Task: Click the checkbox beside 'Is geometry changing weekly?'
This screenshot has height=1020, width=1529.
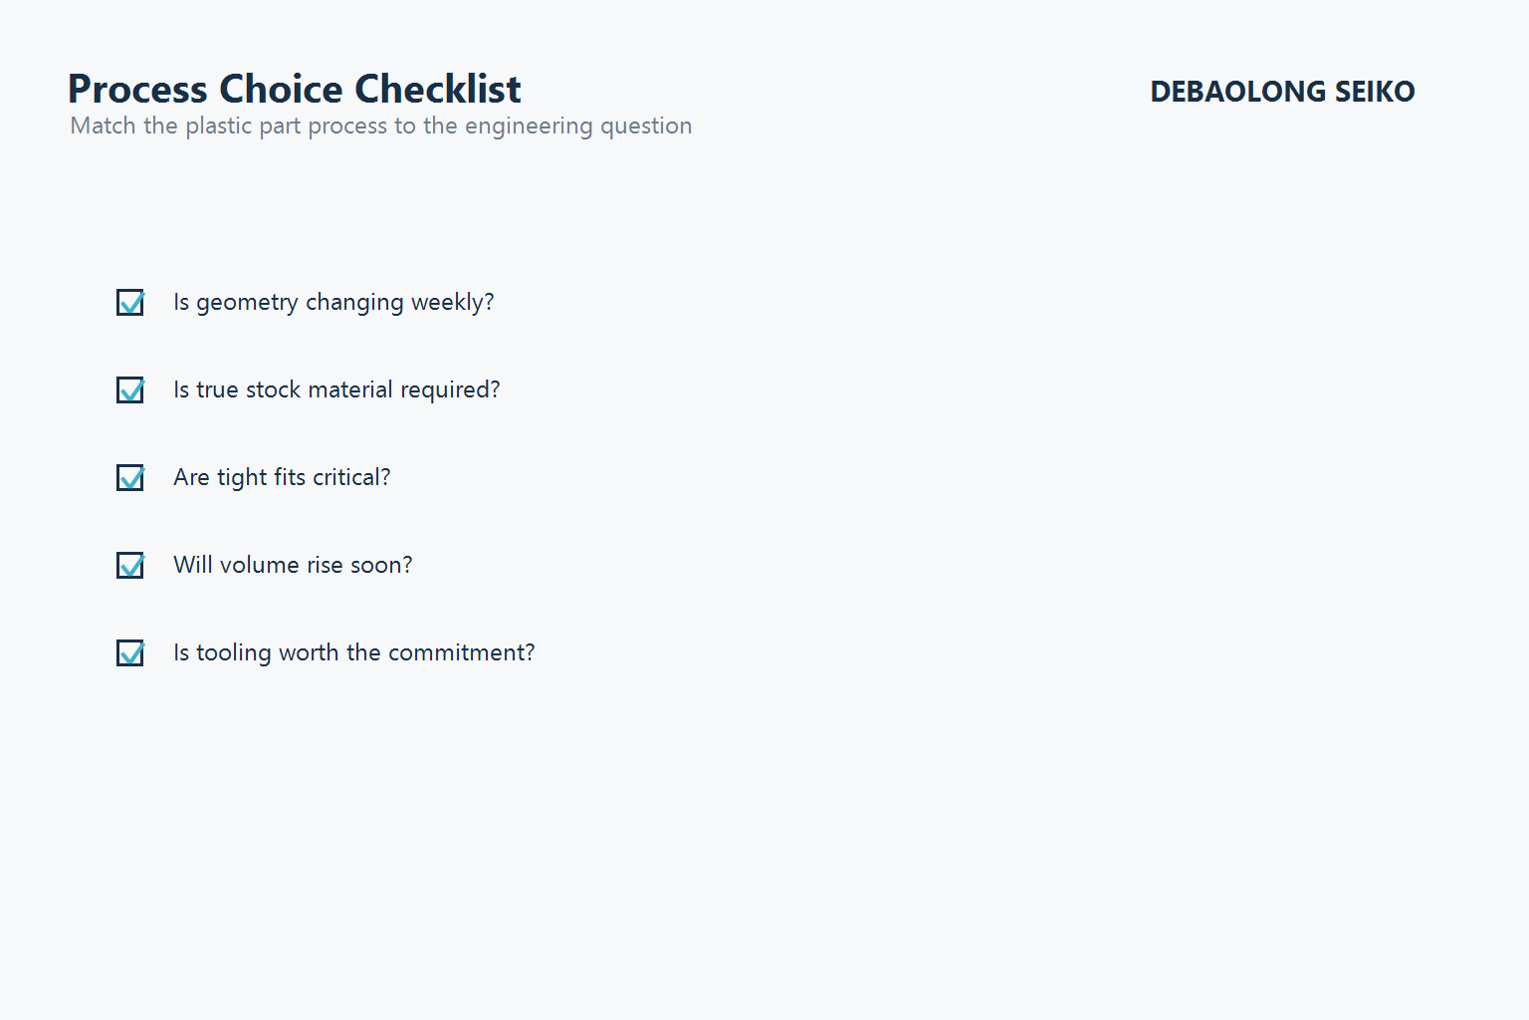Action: click(130, 302)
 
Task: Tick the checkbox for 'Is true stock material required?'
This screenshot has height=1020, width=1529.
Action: click(130, 389)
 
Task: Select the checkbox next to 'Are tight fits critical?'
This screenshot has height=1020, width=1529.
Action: click(130, 477)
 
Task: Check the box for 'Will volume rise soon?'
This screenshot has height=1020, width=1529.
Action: click(130, 565)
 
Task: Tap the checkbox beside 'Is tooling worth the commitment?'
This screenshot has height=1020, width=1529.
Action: click(130, 652)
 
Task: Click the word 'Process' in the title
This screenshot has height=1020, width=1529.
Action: click(137, 90)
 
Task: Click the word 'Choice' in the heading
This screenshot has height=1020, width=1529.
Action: click(282, 90)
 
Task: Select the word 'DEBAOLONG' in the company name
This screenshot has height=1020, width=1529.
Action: click(1237, 92)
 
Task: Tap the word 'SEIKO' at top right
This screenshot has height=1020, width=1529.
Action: click(1375, 92)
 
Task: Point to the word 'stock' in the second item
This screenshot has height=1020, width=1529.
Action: click(273, 389)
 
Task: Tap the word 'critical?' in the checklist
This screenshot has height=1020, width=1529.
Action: click(351, 477)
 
